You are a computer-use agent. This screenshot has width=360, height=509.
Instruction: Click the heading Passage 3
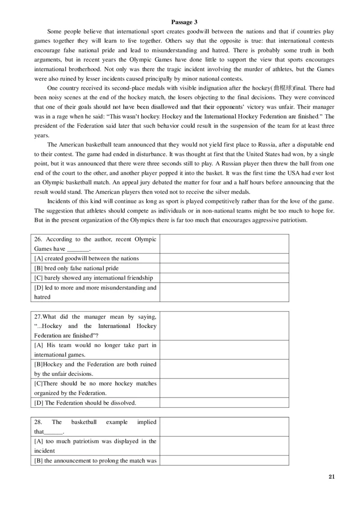pos(184,22)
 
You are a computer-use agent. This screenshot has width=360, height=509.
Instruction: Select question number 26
pos(38,240)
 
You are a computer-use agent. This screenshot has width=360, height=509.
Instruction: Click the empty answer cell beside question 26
pos(224,244)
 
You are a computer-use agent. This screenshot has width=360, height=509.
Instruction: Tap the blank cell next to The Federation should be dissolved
pos(224,402)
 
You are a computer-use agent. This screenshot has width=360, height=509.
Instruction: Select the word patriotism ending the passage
pos(293,220)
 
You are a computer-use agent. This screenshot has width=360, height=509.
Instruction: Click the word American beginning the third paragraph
pos(70,144)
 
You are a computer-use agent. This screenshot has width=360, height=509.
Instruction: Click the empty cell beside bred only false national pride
pos(224,268)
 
